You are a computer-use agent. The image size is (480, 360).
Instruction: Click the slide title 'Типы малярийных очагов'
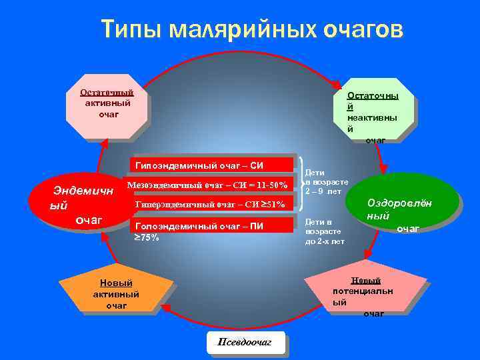(252, 30)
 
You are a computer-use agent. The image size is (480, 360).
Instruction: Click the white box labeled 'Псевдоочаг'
(245, 342)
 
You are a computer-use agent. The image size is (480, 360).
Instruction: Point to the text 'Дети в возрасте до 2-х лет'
(325, 231)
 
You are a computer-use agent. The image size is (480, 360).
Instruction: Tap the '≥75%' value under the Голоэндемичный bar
(147, 237)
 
